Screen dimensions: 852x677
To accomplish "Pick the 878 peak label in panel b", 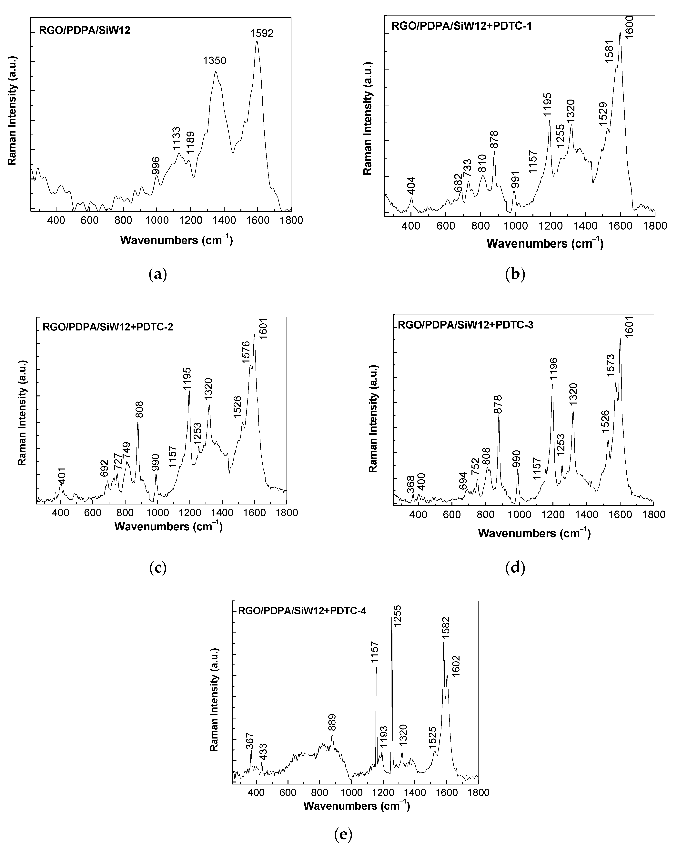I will click(494, 139).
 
